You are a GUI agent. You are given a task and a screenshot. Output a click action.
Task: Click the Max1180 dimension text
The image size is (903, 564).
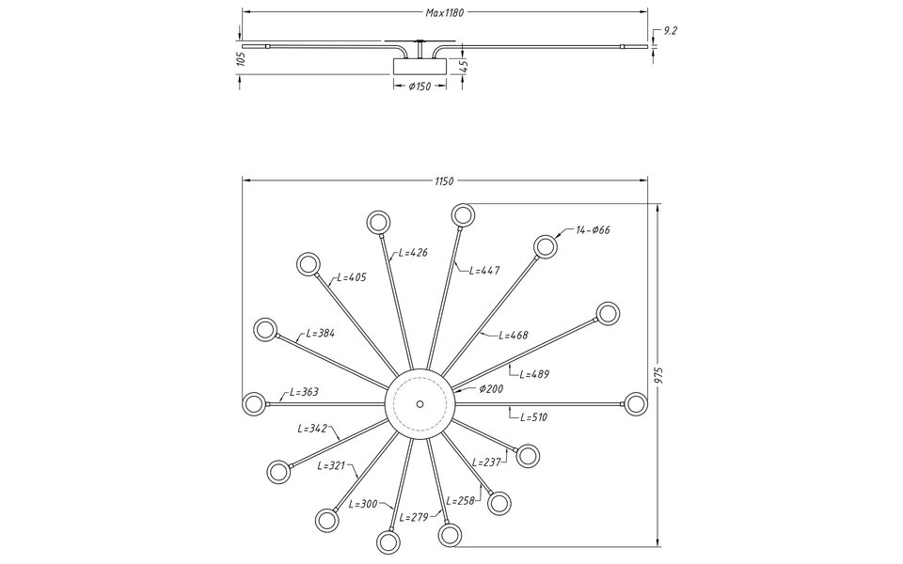click(445, 12)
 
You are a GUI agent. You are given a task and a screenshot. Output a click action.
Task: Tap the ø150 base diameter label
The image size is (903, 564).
click(420, 86)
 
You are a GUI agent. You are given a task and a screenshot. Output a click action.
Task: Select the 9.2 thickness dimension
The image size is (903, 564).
click(671, 31)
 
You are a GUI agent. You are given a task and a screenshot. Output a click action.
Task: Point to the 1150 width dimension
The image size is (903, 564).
click(444, 180)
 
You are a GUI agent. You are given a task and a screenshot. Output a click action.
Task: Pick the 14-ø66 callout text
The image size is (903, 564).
click(593, 230)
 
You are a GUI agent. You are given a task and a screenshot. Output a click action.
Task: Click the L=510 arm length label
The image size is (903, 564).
click(533, 417)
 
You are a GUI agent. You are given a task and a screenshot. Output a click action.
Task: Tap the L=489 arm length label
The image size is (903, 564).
click(534, 374)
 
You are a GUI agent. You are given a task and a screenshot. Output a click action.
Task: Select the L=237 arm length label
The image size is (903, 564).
click(486, 462)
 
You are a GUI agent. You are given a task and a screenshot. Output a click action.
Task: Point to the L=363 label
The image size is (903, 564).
click(304, 392)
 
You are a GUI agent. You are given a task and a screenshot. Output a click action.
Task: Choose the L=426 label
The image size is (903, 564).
click(414, 252)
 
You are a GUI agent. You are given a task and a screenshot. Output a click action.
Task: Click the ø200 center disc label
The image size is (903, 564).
click(491, 389)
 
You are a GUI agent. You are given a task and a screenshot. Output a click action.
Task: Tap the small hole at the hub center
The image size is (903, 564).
click(420, 403)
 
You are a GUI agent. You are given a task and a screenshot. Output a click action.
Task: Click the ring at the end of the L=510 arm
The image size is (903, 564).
click(636, 403)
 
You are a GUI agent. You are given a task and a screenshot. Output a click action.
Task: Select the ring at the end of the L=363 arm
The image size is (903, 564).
click(254, 403)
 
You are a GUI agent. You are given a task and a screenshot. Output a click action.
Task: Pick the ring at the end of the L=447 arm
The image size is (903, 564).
click(463, 215)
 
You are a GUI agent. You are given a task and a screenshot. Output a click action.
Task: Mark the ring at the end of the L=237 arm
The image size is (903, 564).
click(528, 456)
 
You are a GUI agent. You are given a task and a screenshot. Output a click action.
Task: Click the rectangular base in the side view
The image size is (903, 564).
click(420, 66)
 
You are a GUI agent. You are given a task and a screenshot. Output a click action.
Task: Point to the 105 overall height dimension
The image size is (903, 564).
click(241, 58)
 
